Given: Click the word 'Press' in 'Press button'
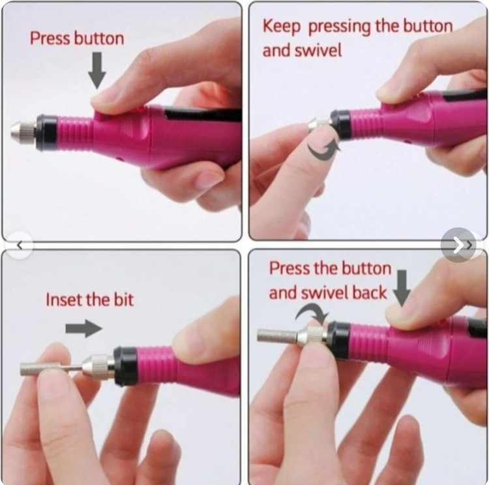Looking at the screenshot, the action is (50, 39).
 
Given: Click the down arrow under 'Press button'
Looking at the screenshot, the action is (97, 70).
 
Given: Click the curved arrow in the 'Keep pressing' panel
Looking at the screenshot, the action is (324, 150).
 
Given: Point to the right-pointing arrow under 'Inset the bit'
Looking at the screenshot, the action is (84, 328).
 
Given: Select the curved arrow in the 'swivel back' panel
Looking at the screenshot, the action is (312, 313).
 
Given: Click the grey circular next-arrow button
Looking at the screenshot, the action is (458, 245).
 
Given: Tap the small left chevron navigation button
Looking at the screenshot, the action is (20, 245).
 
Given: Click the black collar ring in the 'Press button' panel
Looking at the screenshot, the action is (47, 133).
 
